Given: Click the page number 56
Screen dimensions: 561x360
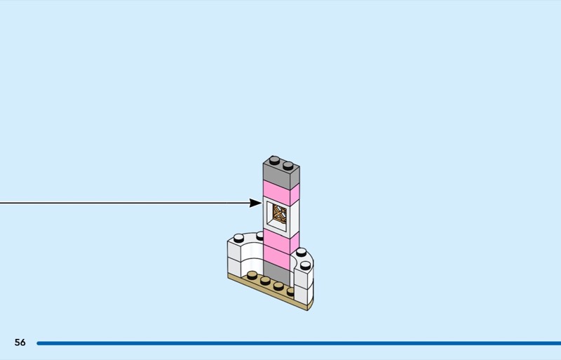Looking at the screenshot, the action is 20,342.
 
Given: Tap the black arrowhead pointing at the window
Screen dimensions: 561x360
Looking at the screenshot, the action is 255,203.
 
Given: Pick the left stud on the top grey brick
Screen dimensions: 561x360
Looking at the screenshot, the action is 275,160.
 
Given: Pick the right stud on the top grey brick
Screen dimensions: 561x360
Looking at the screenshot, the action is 288,165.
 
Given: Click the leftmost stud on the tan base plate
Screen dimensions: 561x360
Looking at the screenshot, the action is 252,274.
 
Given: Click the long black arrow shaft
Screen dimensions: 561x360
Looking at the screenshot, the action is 126,203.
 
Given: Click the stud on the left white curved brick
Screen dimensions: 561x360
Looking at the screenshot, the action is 240,237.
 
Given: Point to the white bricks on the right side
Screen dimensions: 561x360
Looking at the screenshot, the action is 303,281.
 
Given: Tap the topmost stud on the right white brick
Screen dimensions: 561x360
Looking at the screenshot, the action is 302,252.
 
